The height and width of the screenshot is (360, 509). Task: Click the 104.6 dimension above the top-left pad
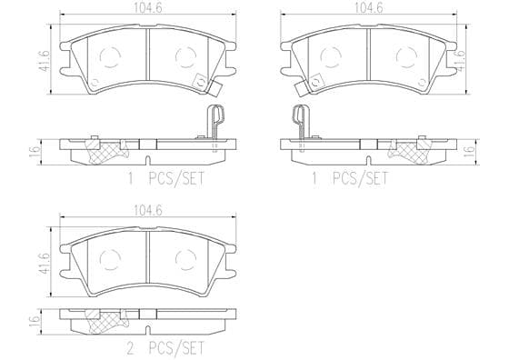pos(147,8)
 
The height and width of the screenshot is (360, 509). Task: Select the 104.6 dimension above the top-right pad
pos(368,8)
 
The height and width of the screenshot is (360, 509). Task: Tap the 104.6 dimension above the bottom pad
pos(148,211)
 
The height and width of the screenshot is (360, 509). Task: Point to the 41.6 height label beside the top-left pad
pos(45,60)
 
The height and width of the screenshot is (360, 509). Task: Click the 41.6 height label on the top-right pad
pos(461,60)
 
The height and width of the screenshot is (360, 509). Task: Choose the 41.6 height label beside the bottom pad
pos(45,263)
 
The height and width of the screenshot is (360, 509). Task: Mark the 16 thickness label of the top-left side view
pos(35,152)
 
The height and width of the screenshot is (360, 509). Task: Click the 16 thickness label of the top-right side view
pos(469,152)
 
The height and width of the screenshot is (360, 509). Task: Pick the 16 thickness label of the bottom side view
pos(35,322)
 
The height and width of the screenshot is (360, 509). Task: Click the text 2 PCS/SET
pos(165,349)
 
